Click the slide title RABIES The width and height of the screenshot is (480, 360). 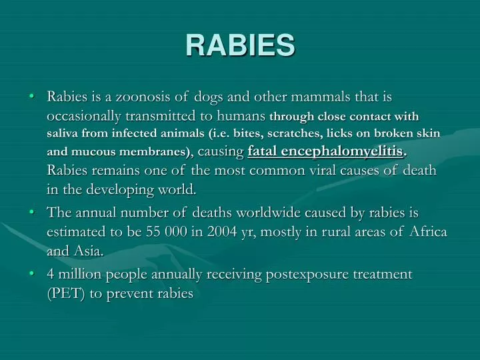(x=240, y=45)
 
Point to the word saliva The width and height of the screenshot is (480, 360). (x=63, y=133)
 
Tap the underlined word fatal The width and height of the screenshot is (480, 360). (x=263, y=151)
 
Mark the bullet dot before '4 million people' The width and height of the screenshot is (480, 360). (x=33, y=274)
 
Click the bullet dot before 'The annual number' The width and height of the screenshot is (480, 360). (x=33, y=213)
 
